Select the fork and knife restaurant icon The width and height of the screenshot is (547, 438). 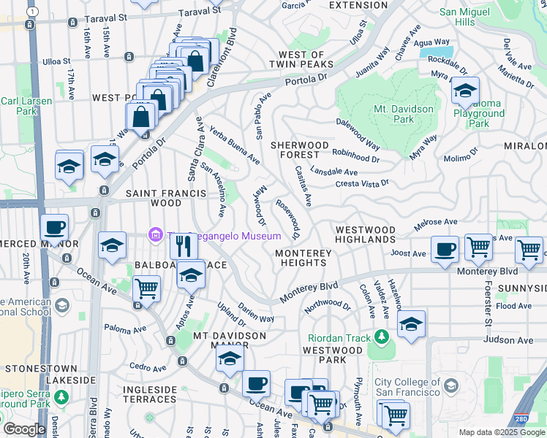[x=184, y=246]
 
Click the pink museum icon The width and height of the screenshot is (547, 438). [x=155, y=235]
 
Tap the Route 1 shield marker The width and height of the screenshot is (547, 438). [x=31, y=12]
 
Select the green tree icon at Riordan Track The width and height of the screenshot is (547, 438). [x=380, y=337]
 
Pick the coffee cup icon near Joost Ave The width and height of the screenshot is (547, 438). [x=445, y=249]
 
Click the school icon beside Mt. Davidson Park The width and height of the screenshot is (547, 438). [x=464, y=91]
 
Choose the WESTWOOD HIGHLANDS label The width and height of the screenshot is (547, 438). [x=365, y=234]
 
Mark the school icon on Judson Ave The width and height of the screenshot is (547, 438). [x=412, y=323]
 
